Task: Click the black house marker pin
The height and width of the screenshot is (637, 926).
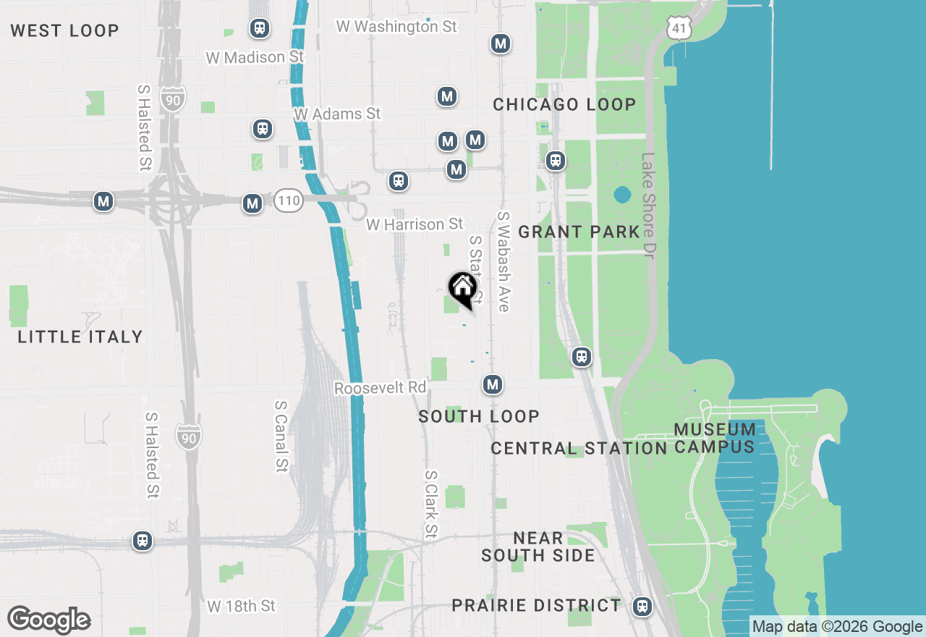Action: (x=462, y=289)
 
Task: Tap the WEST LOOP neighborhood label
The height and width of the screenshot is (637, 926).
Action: (x=64, y=30)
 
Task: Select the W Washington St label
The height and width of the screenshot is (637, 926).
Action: (x=396, y=26)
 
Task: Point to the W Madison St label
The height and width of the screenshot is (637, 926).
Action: (x=254, y=57)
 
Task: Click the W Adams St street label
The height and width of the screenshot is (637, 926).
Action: (x=337, y=114)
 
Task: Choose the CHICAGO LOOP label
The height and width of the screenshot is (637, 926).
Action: (x=564, y=104)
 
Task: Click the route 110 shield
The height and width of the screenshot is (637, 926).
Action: (x=288, y=201)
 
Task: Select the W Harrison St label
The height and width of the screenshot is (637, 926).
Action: (x=415, y=225)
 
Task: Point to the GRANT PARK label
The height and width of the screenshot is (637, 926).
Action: (x=579, y=232)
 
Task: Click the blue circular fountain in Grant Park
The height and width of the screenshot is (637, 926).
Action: (x=621, y=195)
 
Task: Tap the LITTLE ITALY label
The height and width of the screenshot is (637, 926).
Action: (x=80, y=337)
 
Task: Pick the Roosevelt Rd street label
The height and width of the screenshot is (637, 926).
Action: (x=380, y=389)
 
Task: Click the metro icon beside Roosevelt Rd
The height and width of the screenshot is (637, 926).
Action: (x=493, y=384)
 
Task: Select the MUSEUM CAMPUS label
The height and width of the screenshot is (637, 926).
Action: (x=715, y=438)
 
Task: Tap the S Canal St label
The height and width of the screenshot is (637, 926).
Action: (x=282, y=436)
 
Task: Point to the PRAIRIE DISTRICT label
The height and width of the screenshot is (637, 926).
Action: (x=536, y=605)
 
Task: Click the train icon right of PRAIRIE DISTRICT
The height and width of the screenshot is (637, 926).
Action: (x=642, y=607)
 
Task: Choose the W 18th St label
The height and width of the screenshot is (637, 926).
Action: (x=242, y=606)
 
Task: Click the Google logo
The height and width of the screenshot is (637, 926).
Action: (x=48, y=620)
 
